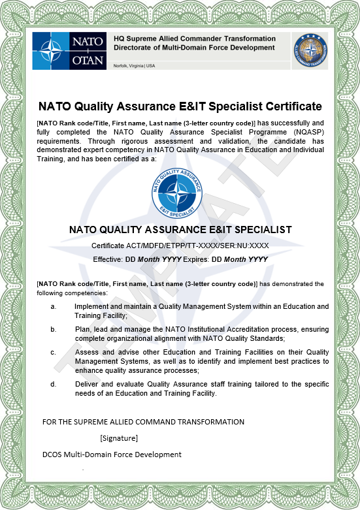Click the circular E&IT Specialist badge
tap(176, 191)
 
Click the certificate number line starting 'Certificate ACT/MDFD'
tap(180, 246)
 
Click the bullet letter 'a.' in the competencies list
tap(54, 306)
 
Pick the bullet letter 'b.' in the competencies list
tap(54, 330)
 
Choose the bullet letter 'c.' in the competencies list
tap(54, 352)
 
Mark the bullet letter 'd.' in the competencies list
tap(54, 384)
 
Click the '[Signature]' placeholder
tap(119, 438)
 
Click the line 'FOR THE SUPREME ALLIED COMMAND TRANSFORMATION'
tap(143, 422)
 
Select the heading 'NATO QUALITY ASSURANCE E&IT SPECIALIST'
tap(180, 230)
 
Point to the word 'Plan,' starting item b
tap(82, 330)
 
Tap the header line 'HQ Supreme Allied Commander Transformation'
tap(194, 39)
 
